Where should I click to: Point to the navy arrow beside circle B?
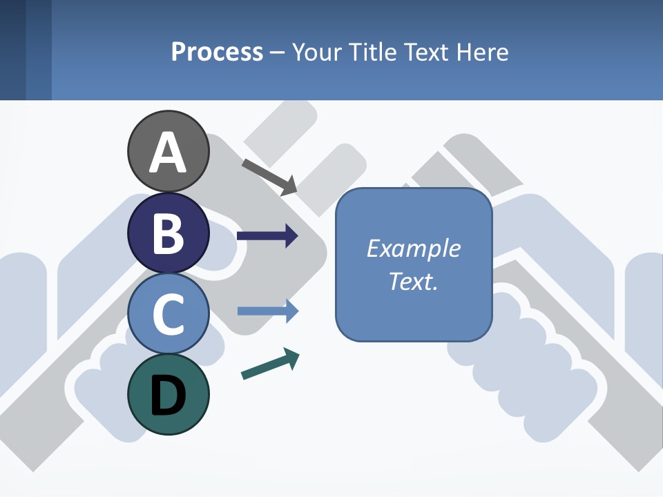(x=267, y=236)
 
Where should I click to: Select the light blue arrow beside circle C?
(x=267, y=311)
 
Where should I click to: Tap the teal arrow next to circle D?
(x=270, y=364)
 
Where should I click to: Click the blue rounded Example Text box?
(x=414, y=264)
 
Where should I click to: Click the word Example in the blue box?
(x=413, y=248)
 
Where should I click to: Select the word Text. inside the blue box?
(x=413, y=282)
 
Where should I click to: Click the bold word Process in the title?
(x=217, y=52)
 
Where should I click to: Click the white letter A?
(x=168, y=153)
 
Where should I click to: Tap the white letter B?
(x=168, y=233)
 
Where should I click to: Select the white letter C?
(x=168, y=314)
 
